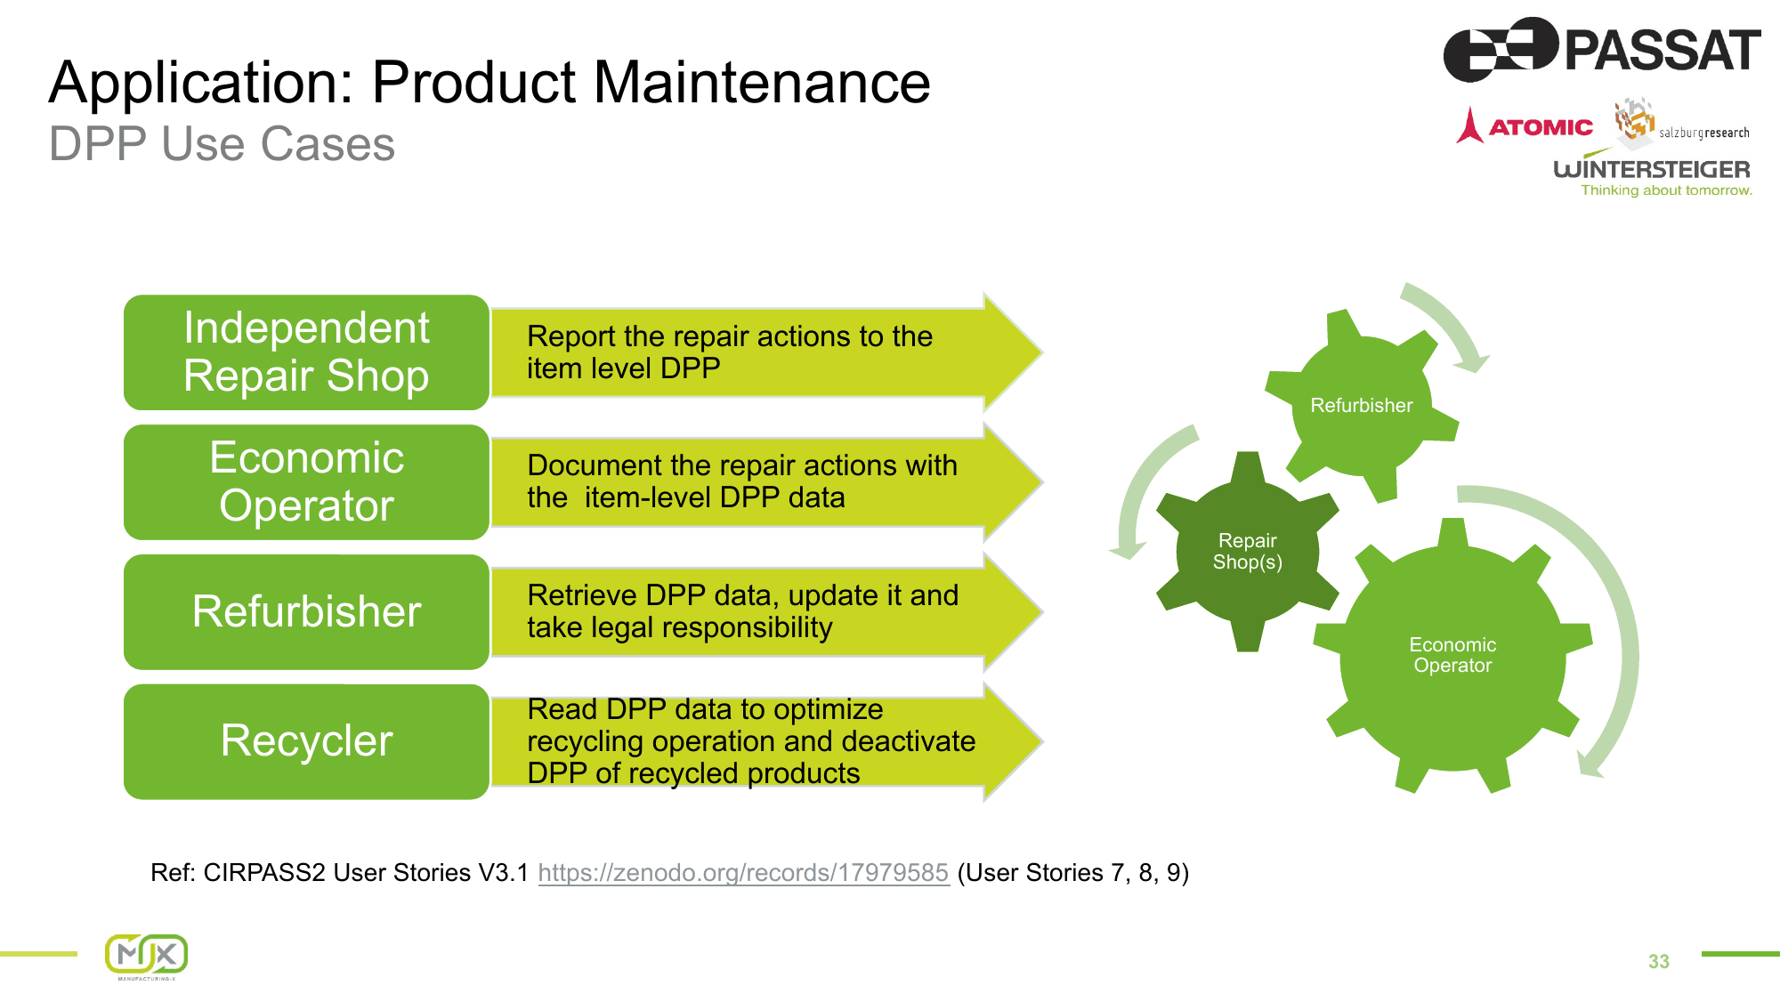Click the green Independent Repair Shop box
pyautogui.click(x=306, y=352)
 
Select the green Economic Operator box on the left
pyautogui.click(x=306, y=482)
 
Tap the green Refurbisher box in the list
pyautogui.click(x=306, y=612)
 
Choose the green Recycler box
pyautogui.click(x=306, y=741)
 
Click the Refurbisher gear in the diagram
pyautogui.click(x=1362, y=406)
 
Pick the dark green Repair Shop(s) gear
pyautogui.click(x=1247, y=552)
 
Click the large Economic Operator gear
pyautogui.click(x=1452, y=655)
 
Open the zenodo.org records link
pyautogui.click(x=743, y=873)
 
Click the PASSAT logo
pyautogui.click(x=1602, y=50)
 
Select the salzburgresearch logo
pyautogui.click(x=1682, y=123)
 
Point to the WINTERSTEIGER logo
pyautogui.click(x=1652, y=171)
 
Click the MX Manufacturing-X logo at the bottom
pyautogui.click(x=147, y=957)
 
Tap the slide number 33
pyautogui.click(x=1659, y=962)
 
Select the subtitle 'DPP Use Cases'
pyautogui.click(x=222, y=144)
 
